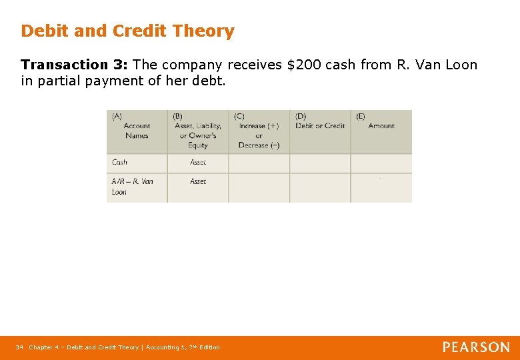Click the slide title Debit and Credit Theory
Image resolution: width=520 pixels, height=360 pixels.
(x=127, y=31)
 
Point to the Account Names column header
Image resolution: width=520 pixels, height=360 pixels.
(x=137, y=131)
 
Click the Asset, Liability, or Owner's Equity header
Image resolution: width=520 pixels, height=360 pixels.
(x=197, y=131)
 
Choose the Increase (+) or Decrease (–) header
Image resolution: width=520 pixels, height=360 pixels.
(x=259, y=131)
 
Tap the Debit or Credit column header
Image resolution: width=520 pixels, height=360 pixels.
(x=320, y=125)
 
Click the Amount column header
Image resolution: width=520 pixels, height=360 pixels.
(x=381, y=125)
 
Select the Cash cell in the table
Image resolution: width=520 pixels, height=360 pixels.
(x=120, y=162)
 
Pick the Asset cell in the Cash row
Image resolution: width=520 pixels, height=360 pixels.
(x=198, y=162)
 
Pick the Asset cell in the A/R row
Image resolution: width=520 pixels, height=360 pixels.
(x=198, y=181)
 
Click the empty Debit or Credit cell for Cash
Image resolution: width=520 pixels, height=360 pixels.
(x=320, y=163)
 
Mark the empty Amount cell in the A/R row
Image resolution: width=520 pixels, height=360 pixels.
(x=381, y=187)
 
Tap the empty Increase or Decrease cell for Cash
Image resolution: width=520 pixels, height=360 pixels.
(x=259, y=163)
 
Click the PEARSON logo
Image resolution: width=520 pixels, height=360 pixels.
(x=476, y=347)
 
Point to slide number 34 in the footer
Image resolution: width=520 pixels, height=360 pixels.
(x=19, y=347)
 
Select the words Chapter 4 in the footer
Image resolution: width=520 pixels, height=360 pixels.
(x=43, y=347)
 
